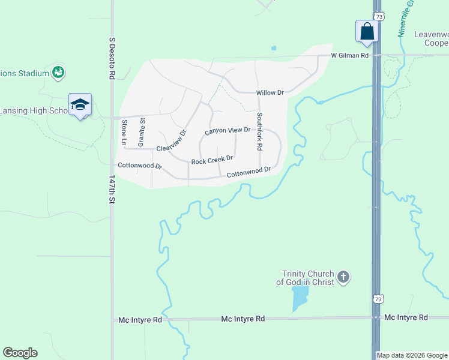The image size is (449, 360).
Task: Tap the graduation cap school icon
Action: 80,105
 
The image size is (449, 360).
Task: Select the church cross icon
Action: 343,277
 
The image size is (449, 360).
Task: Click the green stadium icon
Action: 58,73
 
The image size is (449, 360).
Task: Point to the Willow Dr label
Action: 270,93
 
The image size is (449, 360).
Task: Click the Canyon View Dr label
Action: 227,130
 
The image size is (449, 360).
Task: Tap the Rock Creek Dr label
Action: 212,160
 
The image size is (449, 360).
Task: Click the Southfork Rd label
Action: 259,131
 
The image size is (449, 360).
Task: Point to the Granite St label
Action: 142,133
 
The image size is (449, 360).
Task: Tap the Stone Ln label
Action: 124,133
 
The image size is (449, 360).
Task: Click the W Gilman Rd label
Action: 350,55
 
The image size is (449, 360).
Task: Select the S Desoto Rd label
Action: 112,58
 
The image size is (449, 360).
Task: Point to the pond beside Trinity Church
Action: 299,298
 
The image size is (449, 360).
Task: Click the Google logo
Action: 20,353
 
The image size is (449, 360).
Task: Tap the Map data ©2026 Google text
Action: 412,355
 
